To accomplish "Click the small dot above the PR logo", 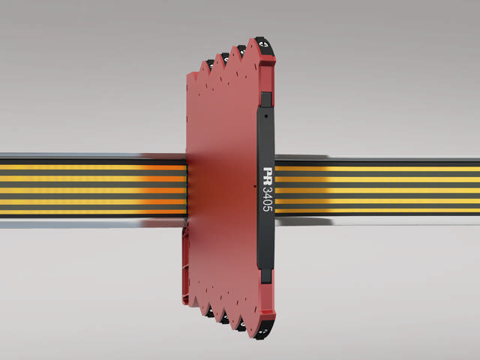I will pyautogui.click(x=267, y=118).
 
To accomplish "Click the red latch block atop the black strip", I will pyautogui.click(x=265, y=99).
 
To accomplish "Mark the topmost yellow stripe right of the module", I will pyautogui.click(x=375, y=169).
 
